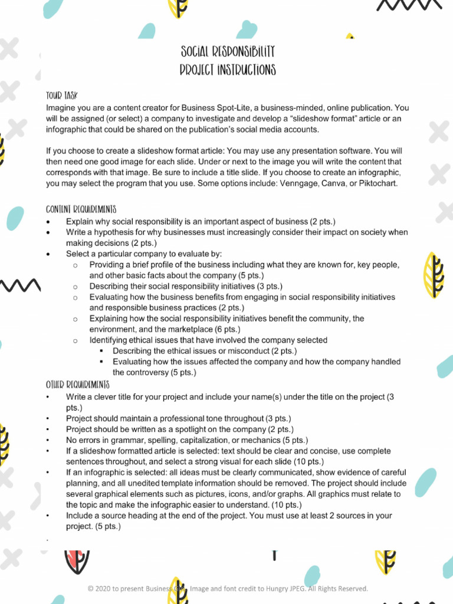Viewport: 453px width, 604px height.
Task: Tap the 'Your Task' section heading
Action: tap(62, 96)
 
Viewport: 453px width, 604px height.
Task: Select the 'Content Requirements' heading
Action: tap(81, 209)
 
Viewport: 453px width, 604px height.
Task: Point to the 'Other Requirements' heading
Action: tap(77, 385)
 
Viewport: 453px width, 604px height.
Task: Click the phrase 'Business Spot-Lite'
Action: tap(217, 108)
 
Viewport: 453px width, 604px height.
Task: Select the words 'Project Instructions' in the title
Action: tap(228, 71)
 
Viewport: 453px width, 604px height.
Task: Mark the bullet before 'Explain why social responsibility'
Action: tap(49, 222)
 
